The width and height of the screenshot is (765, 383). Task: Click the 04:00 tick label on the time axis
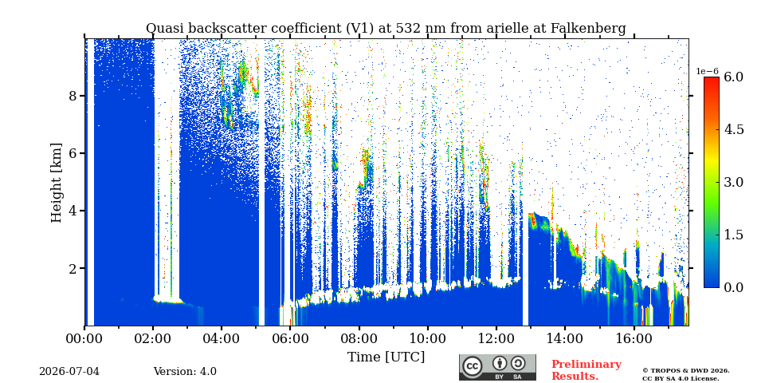click(222, 338)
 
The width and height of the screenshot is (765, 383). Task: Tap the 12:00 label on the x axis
click(496, 338)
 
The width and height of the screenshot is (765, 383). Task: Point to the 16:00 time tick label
click(634, 338)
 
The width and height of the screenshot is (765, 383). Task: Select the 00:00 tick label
click(84, 338)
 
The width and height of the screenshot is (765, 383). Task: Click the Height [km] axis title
click(57, 182)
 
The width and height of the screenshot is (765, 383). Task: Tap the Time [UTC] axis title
click(386, 357)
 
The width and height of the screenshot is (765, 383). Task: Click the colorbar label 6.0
click(733, 77)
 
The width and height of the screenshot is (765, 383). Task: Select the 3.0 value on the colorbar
click(733, 182)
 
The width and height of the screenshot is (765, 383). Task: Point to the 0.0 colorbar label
click(733, 287)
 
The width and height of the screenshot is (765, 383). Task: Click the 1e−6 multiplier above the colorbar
click(707, 71)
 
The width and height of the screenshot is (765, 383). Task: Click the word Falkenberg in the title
click(588, 29)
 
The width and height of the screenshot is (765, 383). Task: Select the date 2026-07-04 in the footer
click(69, 372)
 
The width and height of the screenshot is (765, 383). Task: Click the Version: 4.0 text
click(185, 372)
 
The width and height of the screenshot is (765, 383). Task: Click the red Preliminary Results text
click(586, 370)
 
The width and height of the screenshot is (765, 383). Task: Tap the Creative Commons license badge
click(497, 367)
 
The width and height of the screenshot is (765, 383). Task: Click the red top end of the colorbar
click(712, 79)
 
